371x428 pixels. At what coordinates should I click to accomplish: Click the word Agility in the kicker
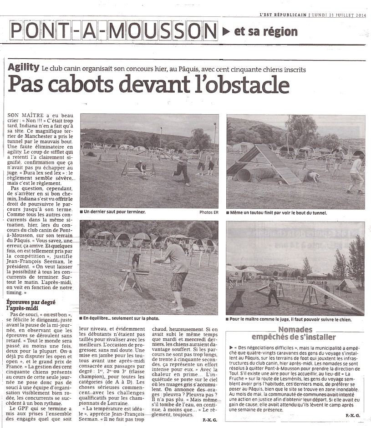click(23, 67)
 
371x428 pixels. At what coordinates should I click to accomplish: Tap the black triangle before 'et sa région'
click(226, 31)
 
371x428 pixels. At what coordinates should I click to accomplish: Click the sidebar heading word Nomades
click(295, 329)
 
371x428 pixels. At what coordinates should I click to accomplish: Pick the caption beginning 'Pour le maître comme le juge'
click(290, 319)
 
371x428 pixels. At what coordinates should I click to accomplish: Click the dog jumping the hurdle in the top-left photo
click(141, 167)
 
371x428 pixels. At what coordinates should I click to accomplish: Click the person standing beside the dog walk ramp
click(273, 292)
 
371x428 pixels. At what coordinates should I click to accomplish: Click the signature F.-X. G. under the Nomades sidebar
click(353, 415)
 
